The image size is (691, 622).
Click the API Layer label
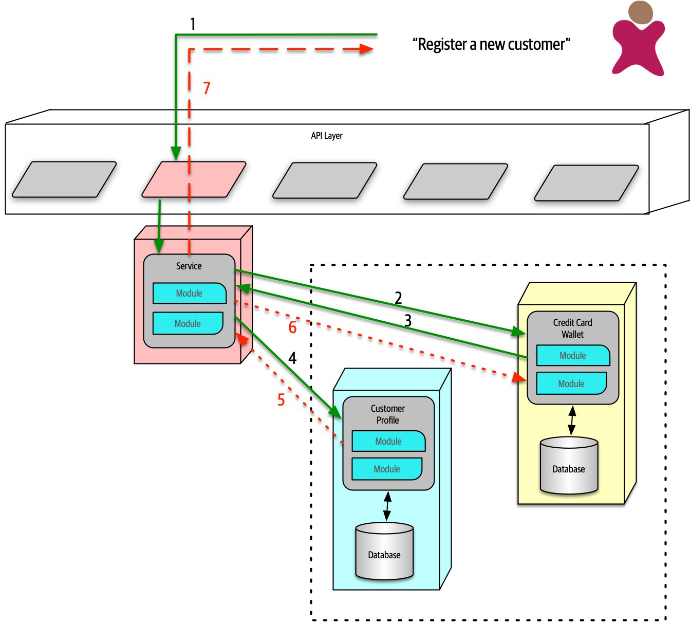tap(326, 136)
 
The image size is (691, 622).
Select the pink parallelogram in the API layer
tap(194, 179)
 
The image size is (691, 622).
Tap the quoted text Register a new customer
tap(491, 45)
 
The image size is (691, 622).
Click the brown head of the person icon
tap(640, 12)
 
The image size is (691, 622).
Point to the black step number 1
tap(193, 24)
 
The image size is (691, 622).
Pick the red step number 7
tap(207, 88)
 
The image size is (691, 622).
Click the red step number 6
tap(292, 327)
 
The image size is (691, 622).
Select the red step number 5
tap(281, 400)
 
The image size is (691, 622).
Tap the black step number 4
tap(292, 358)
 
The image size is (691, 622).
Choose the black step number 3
tap(408, 321)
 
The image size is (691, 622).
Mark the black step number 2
tap(398, 298)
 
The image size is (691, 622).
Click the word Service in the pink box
tap(189, 266)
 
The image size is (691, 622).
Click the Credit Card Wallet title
tap(572, 328)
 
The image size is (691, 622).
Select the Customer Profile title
tap(387, 414)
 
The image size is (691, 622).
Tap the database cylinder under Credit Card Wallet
tap(569, 466)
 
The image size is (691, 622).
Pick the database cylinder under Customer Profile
tap(384, 552)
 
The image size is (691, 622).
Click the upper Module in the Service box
tap(189, 294)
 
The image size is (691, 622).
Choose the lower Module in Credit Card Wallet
tap(571, 383)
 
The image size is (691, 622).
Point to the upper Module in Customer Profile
tap(388, 441)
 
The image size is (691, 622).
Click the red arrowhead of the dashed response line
tap(366, 49)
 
